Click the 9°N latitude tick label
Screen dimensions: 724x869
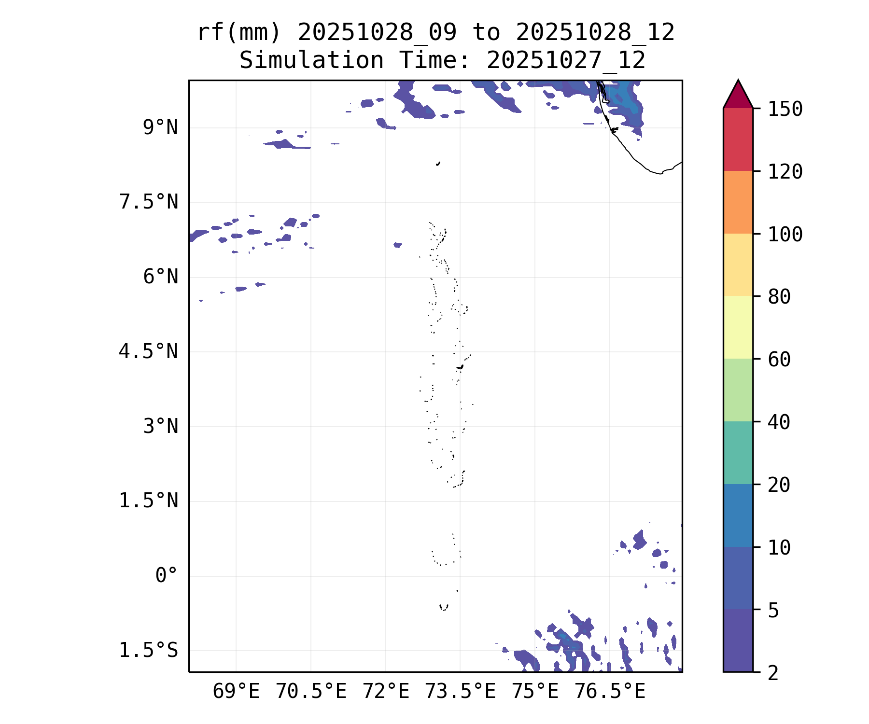160,128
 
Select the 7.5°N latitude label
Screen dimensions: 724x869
149,202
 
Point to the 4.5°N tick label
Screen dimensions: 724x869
149,352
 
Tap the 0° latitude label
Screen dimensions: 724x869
167,575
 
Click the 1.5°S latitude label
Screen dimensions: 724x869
149,651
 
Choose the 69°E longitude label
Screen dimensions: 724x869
236,692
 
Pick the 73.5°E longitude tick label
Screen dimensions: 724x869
460,692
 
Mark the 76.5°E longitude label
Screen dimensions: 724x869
609,692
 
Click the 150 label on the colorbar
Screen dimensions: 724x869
785,109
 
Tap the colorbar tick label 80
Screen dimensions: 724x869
779,297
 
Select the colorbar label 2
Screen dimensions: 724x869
773,673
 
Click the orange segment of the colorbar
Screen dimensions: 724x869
738,202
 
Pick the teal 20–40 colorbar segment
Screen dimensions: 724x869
738,452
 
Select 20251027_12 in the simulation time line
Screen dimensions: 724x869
566,61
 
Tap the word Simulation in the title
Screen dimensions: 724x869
311,61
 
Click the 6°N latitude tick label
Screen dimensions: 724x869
160,277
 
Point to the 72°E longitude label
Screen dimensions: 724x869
386,692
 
